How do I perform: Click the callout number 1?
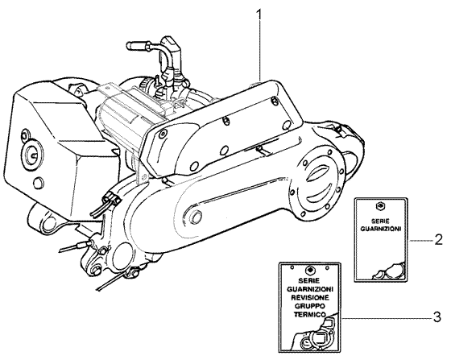click(259, 14)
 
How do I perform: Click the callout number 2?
click(437, 240)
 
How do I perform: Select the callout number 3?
click(437, 316)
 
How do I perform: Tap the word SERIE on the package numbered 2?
click(379, 220)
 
